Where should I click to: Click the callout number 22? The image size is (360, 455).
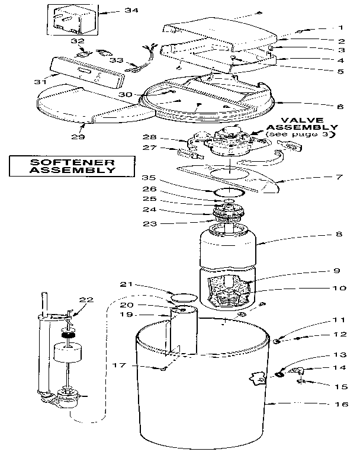pos(87,300)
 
